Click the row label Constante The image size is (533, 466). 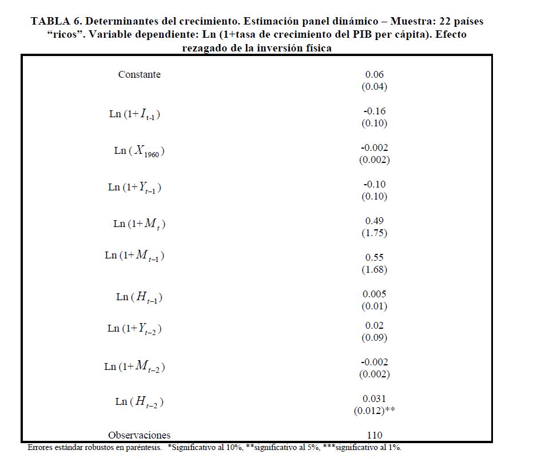pos(140,74)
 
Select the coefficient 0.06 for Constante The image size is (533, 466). pos(375,74)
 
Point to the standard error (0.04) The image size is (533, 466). pos(375,87)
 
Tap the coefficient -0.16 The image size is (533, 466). pos(375,111)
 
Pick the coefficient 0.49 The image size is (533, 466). pos(375,221)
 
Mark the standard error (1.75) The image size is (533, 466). pos(375,233)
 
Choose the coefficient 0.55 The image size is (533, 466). pos(375,257)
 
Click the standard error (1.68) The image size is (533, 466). pos(375,270)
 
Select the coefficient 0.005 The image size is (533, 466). pos(375,294)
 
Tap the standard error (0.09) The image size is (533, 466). pos(375,338)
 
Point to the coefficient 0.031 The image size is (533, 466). pos(375,399)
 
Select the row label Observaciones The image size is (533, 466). pos(140,435)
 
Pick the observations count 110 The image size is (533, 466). pos(375,435)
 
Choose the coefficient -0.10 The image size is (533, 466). pos(375,184)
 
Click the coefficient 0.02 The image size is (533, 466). pos(375,325)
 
